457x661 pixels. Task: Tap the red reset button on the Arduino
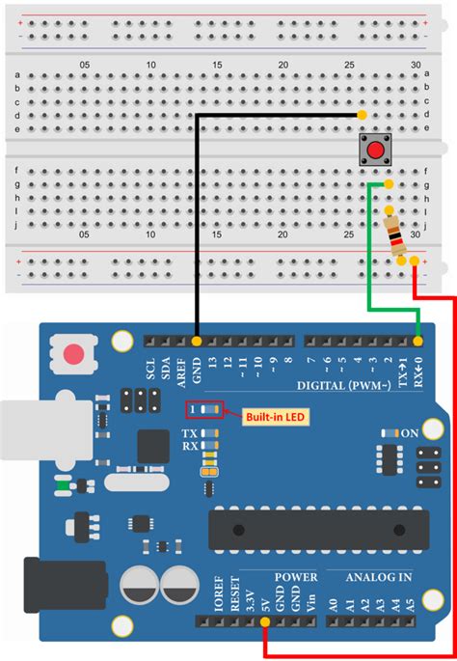pos(73,354)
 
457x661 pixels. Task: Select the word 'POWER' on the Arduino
pos(296,578)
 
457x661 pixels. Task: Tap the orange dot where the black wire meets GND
pos(196,341)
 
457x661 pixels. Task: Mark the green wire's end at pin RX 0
pos(418,341)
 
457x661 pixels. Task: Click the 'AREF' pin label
pos(180,372)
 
